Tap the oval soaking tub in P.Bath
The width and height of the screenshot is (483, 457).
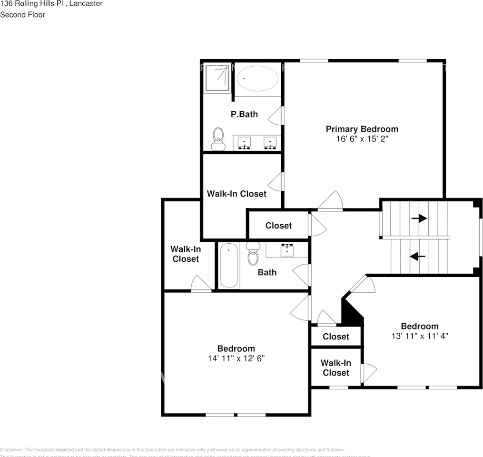tap(257, 78)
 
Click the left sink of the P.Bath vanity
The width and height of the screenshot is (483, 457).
tap(245, 142)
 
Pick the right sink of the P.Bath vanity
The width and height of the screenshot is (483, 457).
tap(270, 142)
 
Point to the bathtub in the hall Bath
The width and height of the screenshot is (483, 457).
tap(228, 266)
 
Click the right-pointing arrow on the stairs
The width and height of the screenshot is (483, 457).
tap(419, 219)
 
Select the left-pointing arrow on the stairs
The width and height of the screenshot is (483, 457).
tap(417, 257)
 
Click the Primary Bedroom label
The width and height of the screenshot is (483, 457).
tap(362, 129)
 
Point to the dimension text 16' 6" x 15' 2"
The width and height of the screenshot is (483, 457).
tap(362, 139)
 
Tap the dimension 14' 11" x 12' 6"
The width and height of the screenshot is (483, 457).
tap(236, 358)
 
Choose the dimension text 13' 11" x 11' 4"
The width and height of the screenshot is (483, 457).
tap(419, 336)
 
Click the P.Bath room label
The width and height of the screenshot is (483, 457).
tap(244, 114)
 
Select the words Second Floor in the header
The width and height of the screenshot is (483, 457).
tap(22, 15)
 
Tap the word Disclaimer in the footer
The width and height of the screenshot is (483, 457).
tap(11, 450)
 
